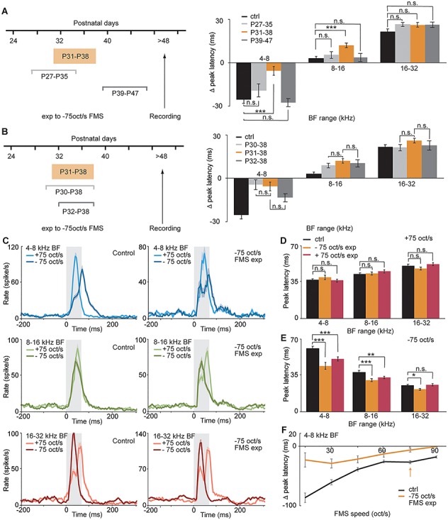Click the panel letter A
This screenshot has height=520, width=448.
coord(6,5)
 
